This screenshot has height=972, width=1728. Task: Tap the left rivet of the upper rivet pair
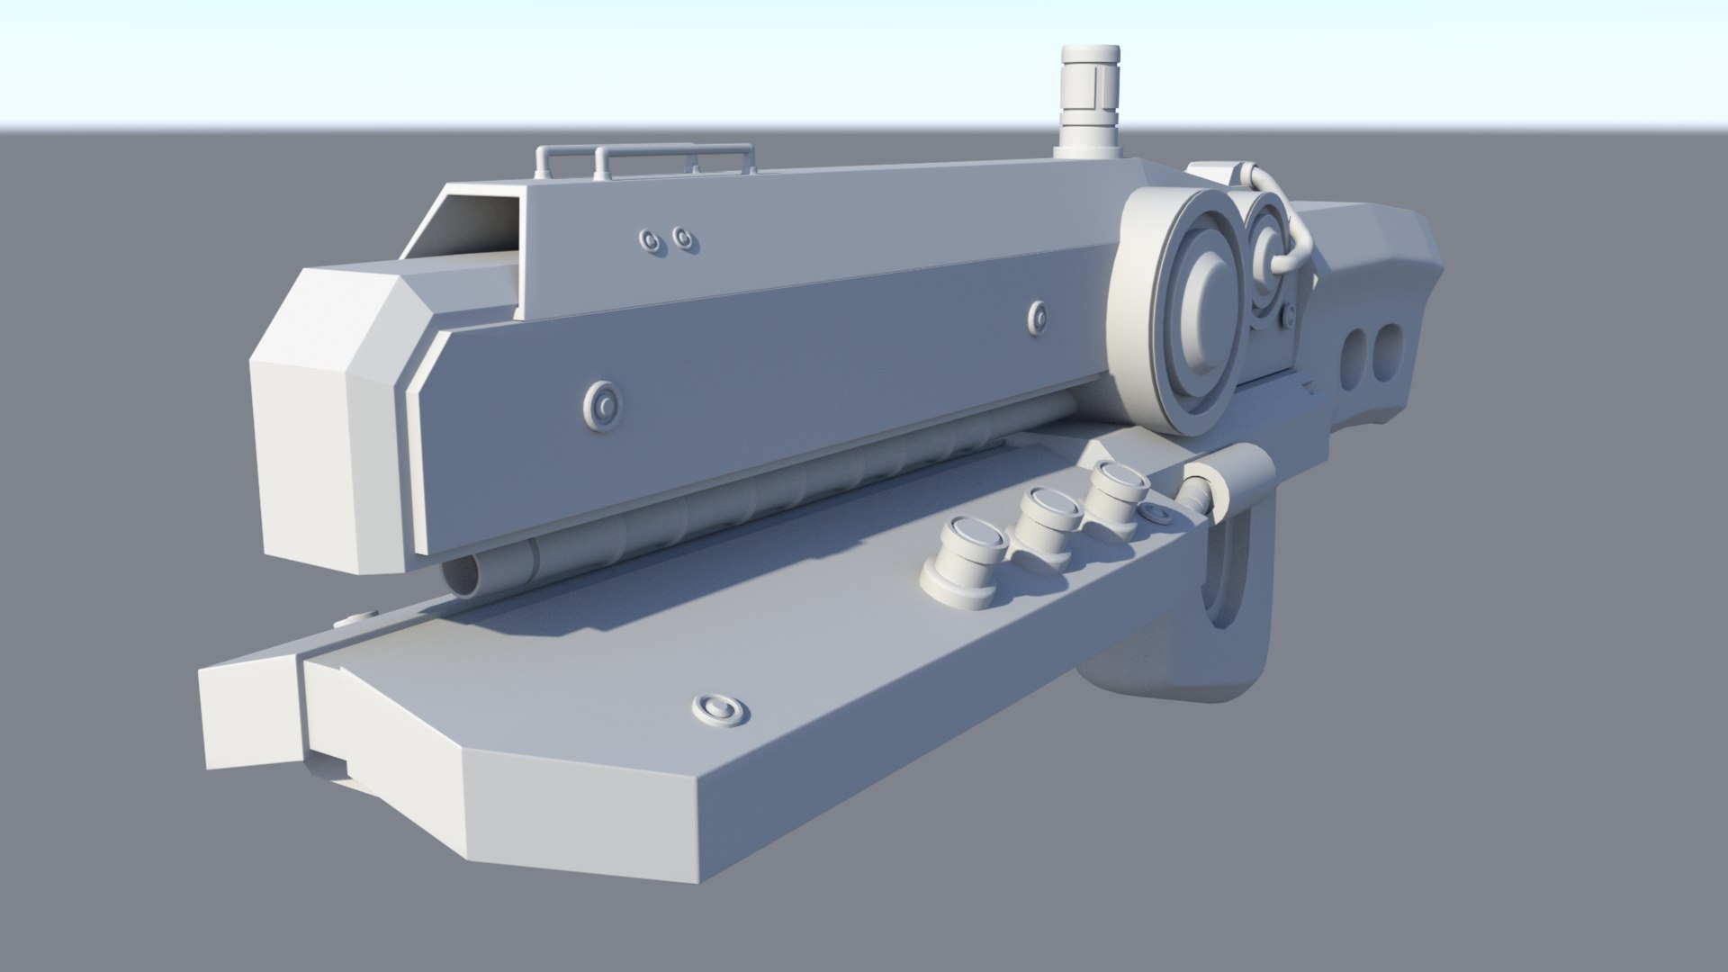click(649, 239)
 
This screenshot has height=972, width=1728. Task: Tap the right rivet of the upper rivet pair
click(684, 238)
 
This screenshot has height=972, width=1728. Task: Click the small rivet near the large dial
click(1036, 315)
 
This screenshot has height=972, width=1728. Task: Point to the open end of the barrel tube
click(467, 575)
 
